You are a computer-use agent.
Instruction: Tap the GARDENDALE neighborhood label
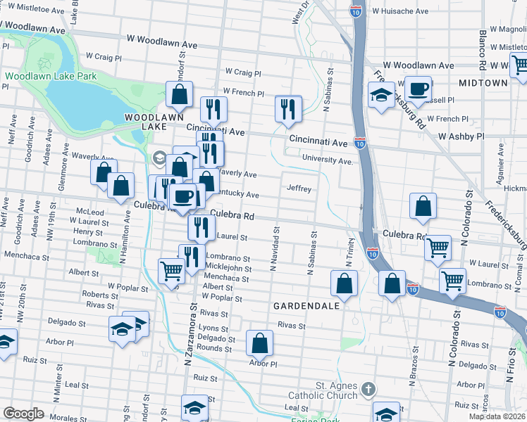pos(303,307)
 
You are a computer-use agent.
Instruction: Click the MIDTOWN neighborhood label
pos(483,83)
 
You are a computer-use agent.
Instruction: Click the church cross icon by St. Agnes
pos(367,388)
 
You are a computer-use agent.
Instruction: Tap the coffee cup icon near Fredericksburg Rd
pos(418,89)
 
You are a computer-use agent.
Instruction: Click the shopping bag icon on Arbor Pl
pos(260,343)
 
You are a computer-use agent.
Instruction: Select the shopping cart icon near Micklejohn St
pos(172,270)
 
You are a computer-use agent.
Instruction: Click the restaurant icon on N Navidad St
pos(288,108)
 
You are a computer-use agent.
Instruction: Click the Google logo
pos(23,414)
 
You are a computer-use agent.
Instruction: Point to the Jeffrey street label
pos(299,188)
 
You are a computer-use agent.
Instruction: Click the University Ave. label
pos(326,161)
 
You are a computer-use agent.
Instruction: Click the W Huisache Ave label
pos(400,12)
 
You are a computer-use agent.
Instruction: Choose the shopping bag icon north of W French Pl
pos(180,94)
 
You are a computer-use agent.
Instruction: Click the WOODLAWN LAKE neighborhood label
pos(144,122)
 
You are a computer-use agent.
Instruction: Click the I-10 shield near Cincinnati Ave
pos(360,142)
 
